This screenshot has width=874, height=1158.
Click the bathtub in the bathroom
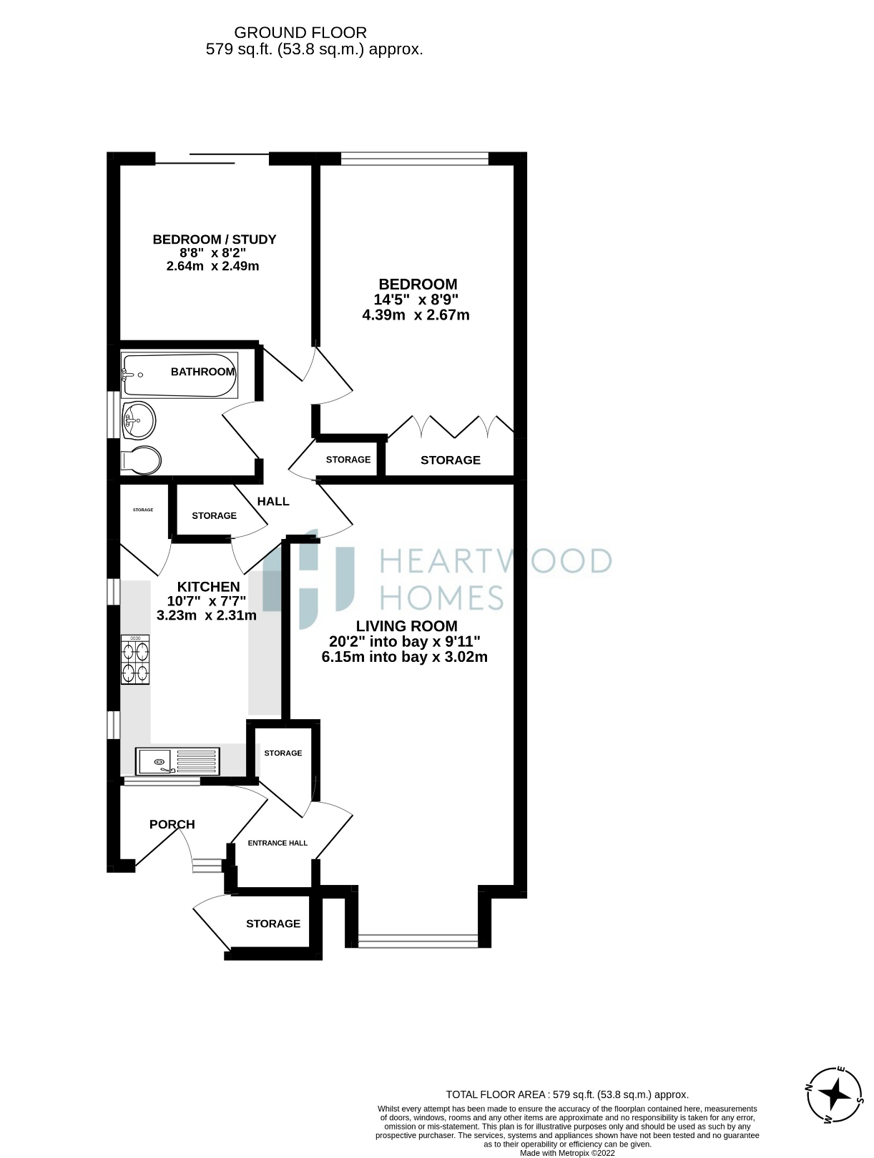[179, 375]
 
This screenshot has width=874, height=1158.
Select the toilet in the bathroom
[140, 460]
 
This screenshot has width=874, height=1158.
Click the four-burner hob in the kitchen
[135, 661]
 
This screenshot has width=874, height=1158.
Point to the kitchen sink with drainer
[177, 761]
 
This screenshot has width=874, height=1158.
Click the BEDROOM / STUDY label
[214, 239]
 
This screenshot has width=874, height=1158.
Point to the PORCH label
[172, 824]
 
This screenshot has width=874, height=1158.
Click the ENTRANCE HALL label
[278, 843]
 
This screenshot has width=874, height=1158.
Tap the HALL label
[273, 501]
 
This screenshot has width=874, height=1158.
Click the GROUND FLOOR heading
[300, 32]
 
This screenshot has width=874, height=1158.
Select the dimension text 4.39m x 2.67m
[416, 315]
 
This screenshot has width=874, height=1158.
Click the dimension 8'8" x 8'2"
[212, 253]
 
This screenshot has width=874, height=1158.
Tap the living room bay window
[418, 941]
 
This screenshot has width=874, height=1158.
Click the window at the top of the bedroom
[414, 158]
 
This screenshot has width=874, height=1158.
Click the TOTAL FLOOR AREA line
[566, 1094]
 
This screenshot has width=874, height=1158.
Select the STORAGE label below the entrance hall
[272, 924]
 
